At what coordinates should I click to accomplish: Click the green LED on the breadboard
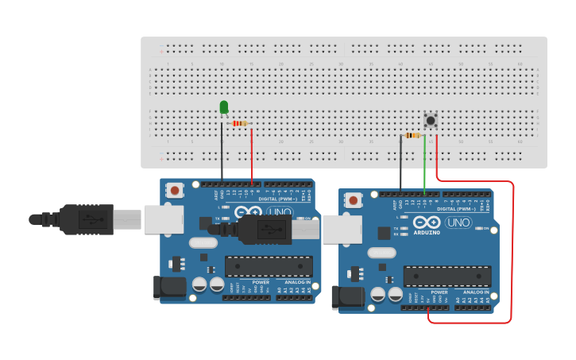click(x=224, y=106)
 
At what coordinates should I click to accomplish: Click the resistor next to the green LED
click(x=239, y=123)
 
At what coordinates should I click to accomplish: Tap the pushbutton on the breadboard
click(x=431, y=121)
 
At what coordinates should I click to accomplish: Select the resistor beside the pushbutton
click(x=412, y=136)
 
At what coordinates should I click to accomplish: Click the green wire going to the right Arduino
click(x=424, y=163)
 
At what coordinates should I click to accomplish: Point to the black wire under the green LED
click(x=222, y=155)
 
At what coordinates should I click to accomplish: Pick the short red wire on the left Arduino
click(x=252, y=155)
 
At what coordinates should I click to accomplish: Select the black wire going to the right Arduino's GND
click(x=400, y=163)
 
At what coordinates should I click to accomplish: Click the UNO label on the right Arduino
click(x=458, y=223)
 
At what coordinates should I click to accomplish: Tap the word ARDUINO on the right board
click(x=427, y=234)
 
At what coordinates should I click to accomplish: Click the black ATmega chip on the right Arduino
click(x=446, y=276)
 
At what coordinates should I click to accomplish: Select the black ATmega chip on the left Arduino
click(x=268, y=266)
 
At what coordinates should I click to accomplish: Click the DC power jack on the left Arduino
click(x=169, y=287)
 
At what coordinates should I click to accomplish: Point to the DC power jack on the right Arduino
click(x=347, y=297)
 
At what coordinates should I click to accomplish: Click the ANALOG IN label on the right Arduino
click(x=477, y=292)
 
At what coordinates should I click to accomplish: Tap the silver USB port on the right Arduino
click(x=341, y=230)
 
